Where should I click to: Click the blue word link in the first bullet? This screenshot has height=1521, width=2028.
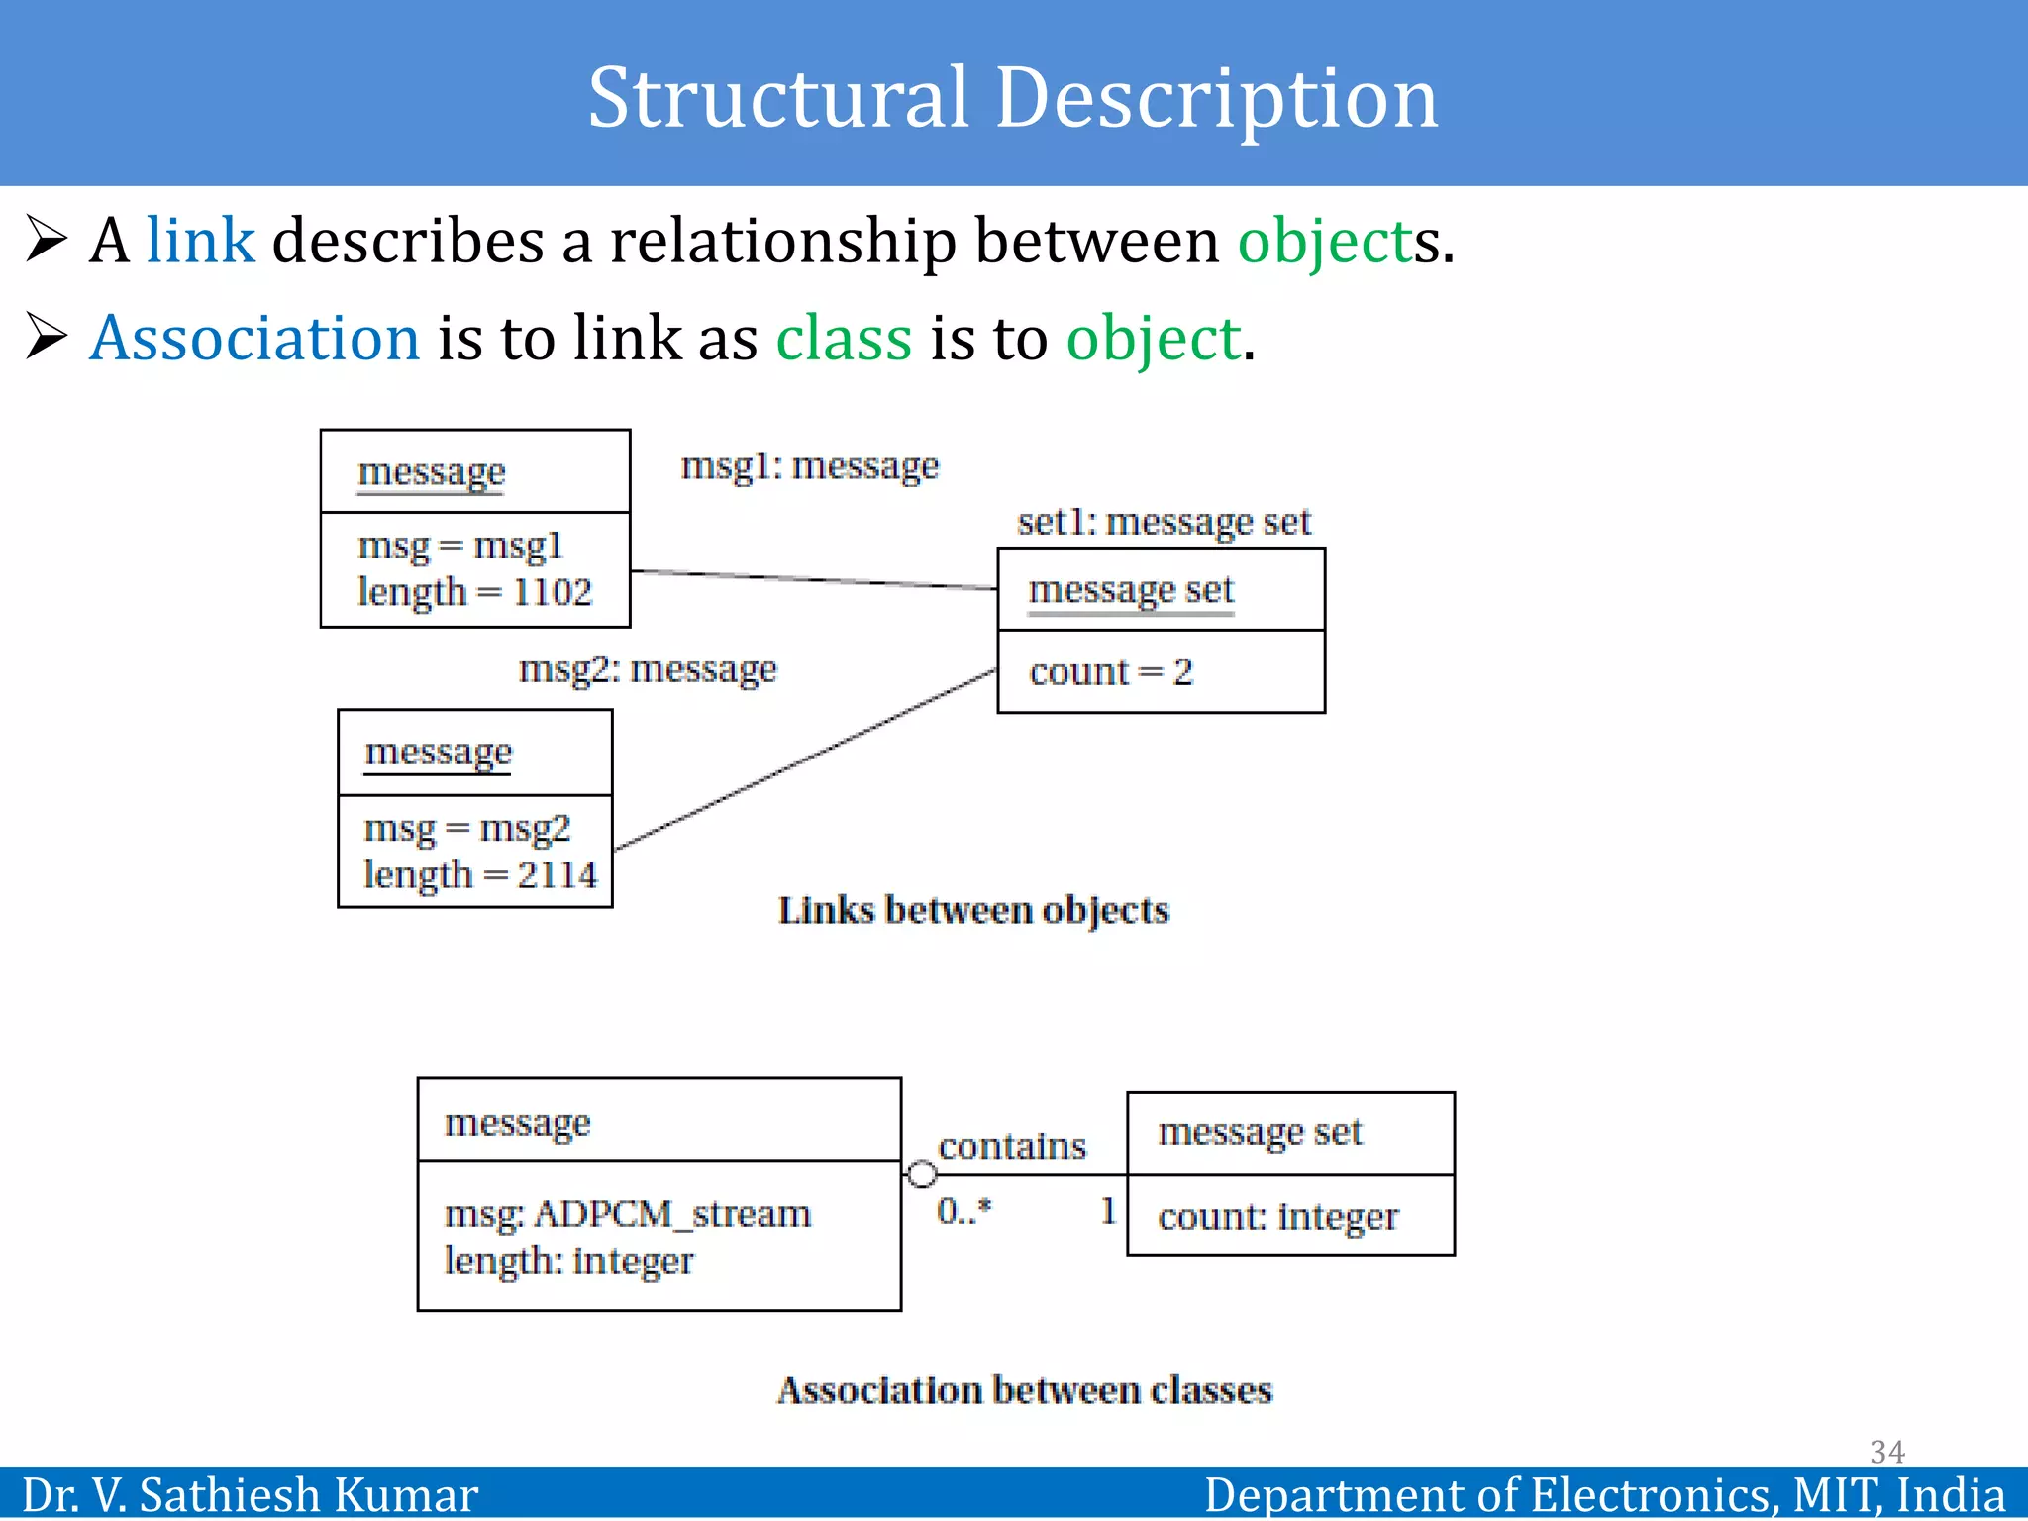[x=200, y=241]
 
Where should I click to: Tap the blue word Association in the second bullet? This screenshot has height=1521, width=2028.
[x=254, y=338]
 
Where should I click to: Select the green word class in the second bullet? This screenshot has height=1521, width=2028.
[x=843, y=338]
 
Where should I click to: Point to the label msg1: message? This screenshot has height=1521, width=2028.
[x=809, y=465]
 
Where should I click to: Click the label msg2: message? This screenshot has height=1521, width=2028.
[x=648, y=669]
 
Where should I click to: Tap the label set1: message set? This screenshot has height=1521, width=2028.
[x=1163, y=522]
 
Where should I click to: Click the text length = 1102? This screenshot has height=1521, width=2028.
[x=474, y=592]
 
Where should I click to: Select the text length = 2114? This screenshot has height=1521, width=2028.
[x=480, y=874]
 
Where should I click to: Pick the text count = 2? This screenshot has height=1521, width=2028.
[x=1111, y=672]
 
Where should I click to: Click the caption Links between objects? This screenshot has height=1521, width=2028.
[x=973, y=910]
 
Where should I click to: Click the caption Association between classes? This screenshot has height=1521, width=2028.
[x=1024, y=1390]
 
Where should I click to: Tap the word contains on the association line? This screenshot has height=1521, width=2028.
[x=1011, y=1146]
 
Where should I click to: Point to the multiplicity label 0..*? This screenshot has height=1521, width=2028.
[x=963, y=1210]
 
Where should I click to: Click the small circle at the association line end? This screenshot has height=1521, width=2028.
[x=922, y=1174]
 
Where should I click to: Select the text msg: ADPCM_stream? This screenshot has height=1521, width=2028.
[x=627, y=1213]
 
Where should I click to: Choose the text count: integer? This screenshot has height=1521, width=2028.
[x=1277, y=1216]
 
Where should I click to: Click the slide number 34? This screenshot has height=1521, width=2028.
[x=1886, y=1452]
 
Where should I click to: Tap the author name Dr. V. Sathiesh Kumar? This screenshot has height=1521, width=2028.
[x=250, y=1495]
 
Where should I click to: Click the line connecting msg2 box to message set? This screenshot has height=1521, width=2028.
[x=804, y=760]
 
